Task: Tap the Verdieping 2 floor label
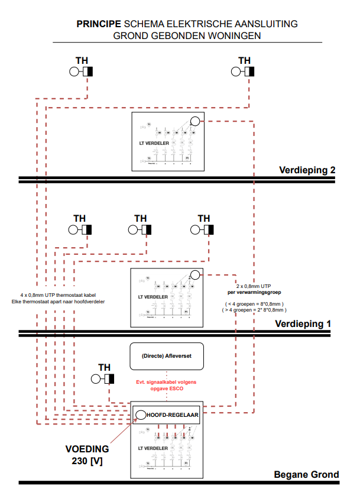tap(307, 170)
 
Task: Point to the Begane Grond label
tap(306, 474)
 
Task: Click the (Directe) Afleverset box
tap(166, 356)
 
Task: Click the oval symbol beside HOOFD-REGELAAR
tap(141, 414)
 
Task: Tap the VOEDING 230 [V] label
tap(87, 454)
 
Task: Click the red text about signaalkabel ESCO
tap(166, 386)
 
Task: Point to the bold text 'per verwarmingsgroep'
tap(254, 293)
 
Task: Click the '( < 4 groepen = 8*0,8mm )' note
tap(255, 303)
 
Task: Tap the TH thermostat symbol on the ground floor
tap(105, 379)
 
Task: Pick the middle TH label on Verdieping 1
tap(140, 218)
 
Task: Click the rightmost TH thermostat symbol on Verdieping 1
tap(203, 230)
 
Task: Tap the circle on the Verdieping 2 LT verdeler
tap(194, 122)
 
